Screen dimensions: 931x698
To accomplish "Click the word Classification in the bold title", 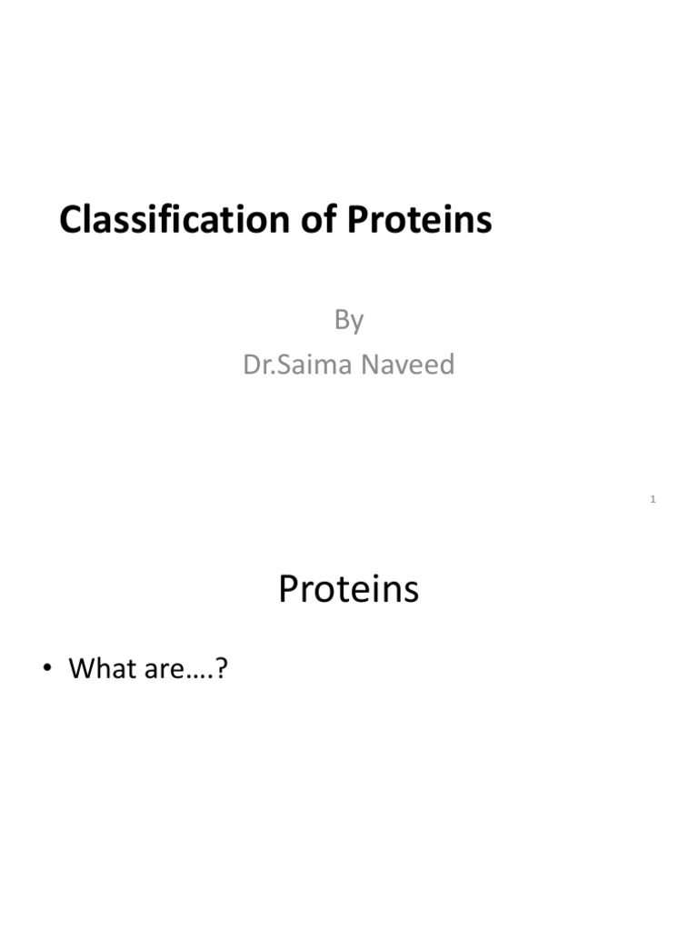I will [x=164, y=220].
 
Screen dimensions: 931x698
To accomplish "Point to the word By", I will [x=349, y=320].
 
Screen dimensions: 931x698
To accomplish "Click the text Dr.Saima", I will [x=288, y=365].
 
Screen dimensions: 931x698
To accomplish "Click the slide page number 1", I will [x=653, y=499].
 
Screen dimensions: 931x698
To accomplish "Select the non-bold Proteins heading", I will [x=349, y=589].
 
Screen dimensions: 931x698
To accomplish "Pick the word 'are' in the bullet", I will [x=164, y=670].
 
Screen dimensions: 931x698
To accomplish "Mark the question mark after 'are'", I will [x=219, y=669].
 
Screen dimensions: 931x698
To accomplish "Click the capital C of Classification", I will [x=70, y=220].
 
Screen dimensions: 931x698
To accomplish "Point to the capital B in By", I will [x=342, y=319].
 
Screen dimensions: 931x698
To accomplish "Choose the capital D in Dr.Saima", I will [x=251, y=365].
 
